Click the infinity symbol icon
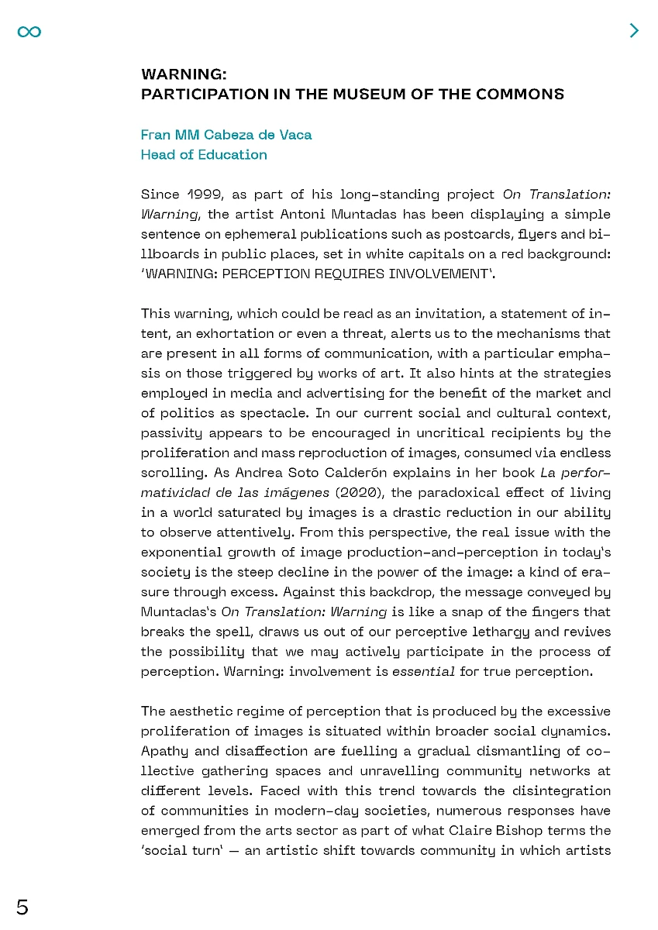(29, 31)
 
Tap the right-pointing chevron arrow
(634, 30)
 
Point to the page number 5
(22, 907)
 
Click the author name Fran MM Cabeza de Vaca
(226, 135)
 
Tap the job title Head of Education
(204, 155)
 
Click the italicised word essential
(423, 671)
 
